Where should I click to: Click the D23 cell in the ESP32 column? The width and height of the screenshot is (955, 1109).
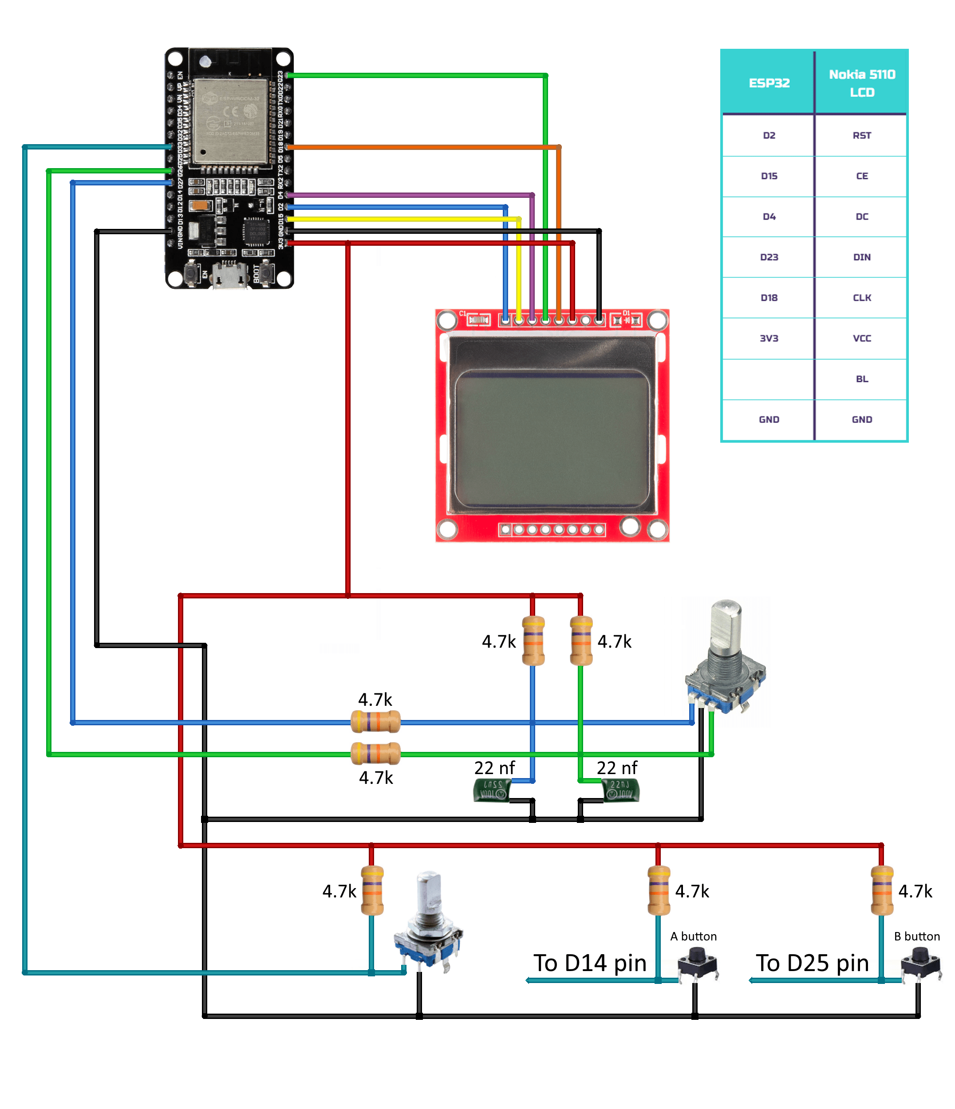769,257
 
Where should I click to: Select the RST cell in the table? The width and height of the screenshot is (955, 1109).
861,135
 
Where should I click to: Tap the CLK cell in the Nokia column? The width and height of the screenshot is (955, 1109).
861,298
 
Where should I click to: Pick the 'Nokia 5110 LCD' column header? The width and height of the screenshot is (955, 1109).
861,83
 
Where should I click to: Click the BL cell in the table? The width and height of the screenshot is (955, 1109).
861,379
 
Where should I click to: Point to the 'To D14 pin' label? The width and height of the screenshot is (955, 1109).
589,963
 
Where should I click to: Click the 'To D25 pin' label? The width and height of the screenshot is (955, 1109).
812,963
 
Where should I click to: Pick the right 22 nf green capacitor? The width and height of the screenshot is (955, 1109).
621,790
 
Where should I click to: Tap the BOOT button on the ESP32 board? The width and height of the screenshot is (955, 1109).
266,274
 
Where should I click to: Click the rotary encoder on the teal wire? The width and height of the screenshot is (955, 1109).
428,923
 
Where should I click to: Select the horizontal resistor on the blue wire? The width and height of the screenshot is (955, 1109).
375,722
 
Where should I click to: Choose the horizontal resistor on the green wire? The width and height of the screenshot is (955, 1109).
375,754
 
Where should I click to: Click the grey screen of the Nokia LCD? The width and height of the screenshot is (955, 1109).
551,439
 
